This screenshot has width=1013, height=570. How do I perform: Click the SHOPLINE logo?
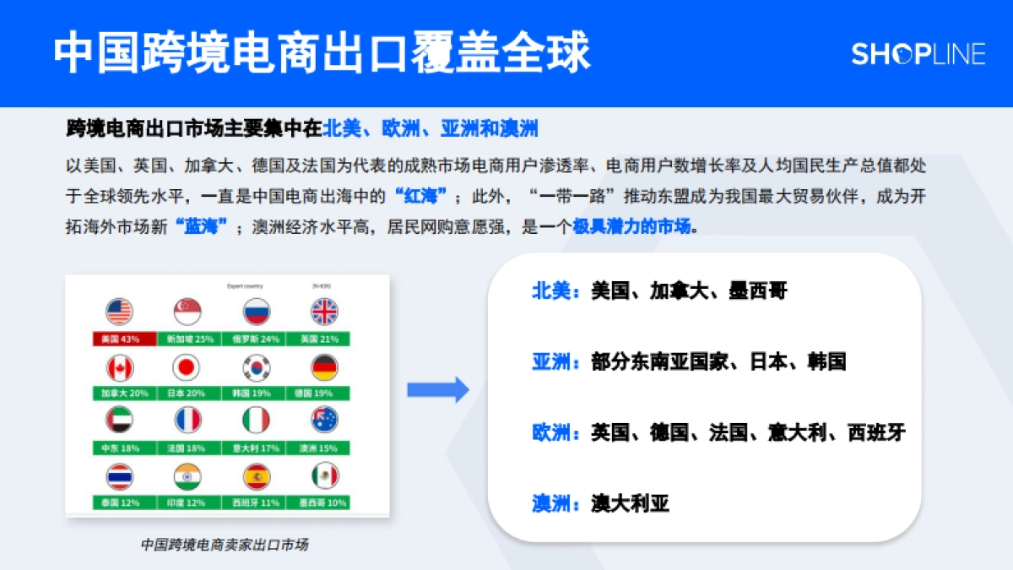tap(918, 54)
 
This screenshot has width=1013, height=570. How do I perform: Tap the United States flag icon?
tap(119, 312)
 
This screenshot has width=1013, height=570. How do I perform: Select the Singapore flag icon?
tap(187, 312)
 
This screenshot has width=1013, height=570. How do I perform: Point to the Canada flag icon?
tap(119, 367)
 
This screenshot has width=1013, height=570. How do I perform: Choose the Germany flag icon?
tap(324, 367)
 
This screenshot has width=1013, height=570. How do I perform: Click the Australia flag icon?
tap(324, 421)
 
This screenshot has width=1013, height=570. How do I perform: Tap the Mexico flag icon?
tap(324, 476)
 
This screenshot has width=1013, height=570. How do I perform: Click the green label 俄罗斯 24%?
tap(255, 339)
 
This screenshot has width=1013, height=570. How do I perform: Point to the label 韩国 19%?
tap(255, 394)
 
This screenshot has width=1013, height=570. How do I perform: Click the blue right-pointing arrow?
tap(437, 389)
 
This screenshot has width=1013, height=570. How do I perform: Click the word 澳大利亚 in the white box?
tap(631, 504)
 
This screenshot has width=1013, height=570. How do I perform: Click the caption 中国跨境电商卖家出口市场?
tap(224, 545)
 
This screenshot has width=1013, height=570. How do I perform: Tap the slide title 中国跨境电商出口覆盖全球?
tap(322, 52)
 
